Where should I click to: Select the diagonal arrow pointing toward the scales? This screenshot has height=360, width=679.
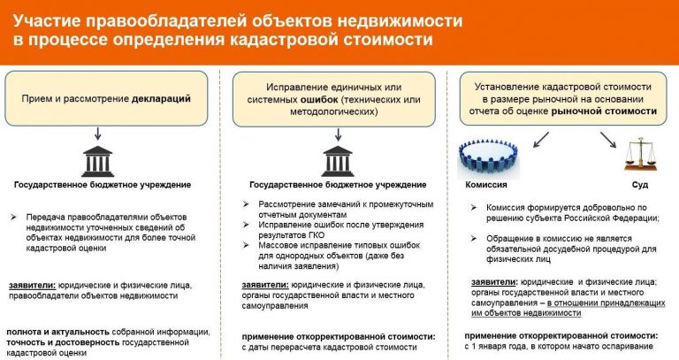(609, 138)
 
